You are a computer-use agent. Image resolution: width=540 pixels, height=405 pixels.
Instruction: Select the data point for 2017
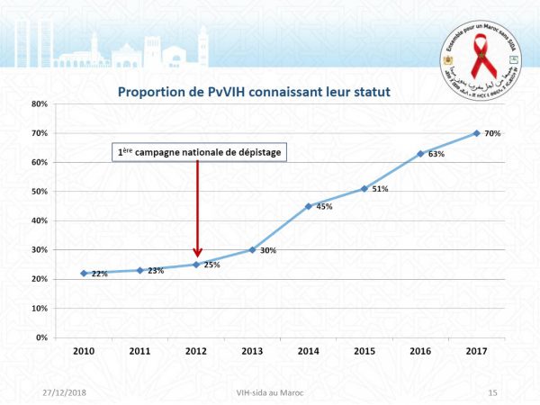click(476, 133)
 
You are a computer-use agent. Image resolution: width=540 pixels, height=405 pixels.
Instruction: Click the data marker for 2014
click(309, 206)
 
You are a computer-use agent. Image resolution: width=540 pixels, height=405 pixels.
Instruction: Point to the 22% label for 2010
click(100, 274)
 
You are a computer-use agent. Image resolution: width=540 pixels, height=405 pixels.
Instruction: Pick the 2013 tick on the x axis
click(252, 351)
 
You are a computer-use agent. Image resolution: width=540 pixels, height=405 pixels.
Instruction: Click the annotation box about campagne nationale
click(198, 152)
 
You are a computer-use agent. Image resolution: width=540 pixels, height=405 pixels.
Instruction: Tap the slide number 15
click(491, 392)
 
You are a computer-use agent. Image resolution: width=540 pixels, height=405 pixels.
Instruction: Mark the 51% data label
click(380, 189)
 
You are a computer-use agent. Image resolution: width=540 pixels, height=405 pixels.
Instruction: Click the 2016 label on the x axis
click(420, 351)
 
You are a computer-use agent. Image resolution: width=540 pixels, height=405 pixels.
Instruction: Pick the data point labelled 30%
click(252, 249)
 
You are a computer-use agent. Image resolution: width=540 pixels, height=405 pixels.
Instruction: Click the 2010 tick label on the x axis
click(84, 351)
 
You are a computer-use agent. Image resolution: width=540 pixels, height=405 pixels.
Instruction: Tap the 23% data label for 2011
click(156, 271)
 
